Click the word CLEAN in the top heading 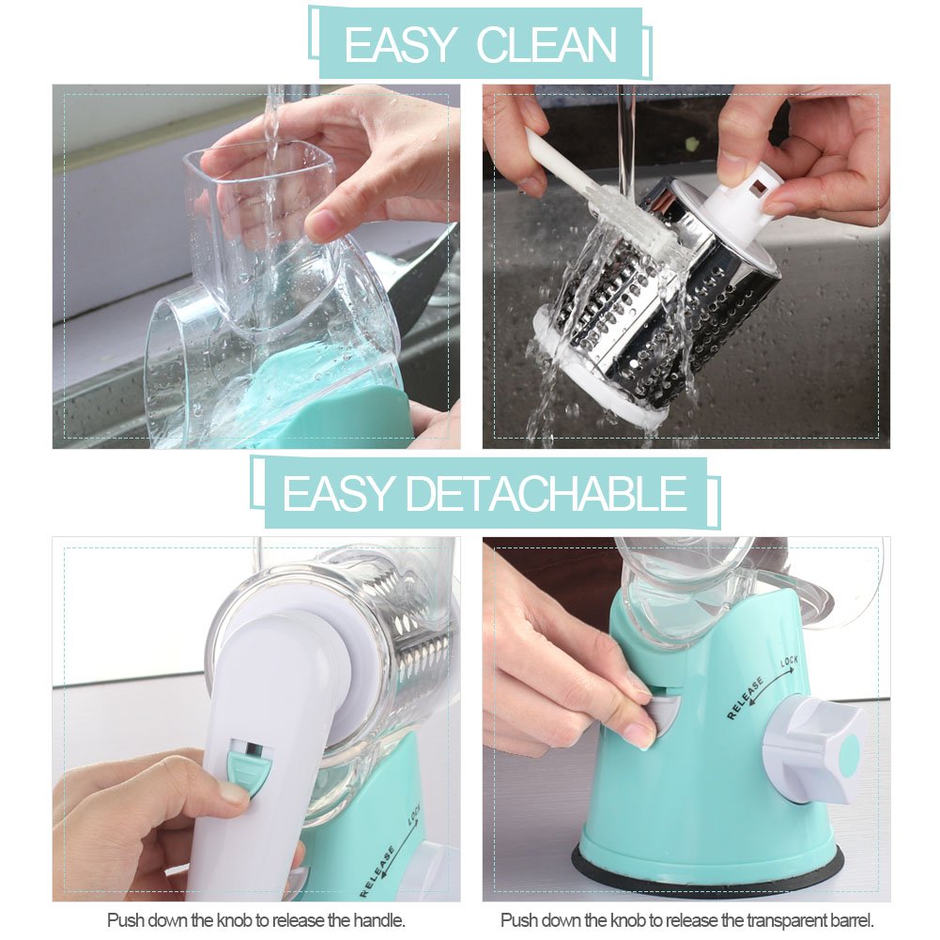click(547, 45)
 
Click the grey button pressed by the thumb click(663, 714)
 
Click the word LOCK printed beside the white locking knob click(789, 664)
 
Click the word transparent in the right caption click(781, 920)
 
